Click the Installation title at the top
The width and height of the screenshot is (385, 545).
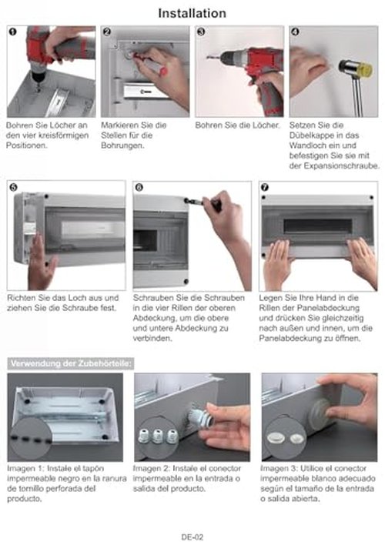click(192, 13)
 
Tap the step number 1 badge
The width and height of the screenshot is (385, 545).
click(12, 32)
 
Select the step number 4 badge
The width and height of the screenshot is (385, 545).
click(295, 32)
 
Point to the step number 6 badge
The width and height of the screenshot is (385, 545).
click(139, 187)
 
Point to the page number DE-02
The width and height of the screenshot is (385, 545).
click(192, 537)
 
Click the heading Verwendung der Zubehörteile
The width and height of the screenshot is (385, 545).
click(71, 363)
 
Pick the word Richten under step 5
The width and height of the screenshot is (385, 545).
click(19, 298)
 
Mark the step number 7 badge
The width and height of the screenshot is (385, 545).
click(264, 187)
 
